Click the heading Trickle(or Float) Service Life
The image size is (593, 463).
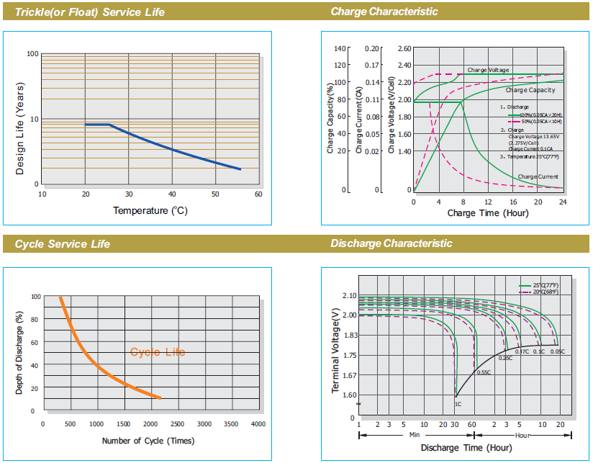pos(90,12)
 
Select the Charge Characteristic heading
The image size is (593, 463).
pos(384,12)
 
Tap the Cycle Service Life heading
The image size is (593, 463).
pos(63,244)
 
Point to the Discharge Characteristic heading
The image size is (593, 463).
pos(391,243)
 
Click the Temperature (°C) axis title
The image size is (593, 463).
pos(150,210)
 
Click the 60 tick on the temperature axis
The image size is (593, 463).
pos(258,194)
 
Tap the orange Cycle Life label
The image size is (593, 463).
pos(158,352)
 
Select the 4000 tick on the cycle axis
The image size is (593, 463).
pos(258,423)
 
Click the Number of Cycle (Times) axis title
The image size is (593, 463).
pos(148,441)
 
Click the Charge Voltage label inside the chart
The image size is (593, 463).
pos(488,70)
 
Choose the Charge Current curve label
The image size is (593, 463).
pos(538,176)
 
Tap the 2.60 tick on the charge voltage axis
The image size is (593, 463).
pos(404,48)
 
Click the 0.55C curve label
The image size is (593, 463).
pos(483,372)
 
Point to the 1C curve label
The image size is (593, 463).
pos(458,404)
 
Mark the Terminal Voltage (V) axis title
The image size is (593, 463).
pos(336,352)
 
